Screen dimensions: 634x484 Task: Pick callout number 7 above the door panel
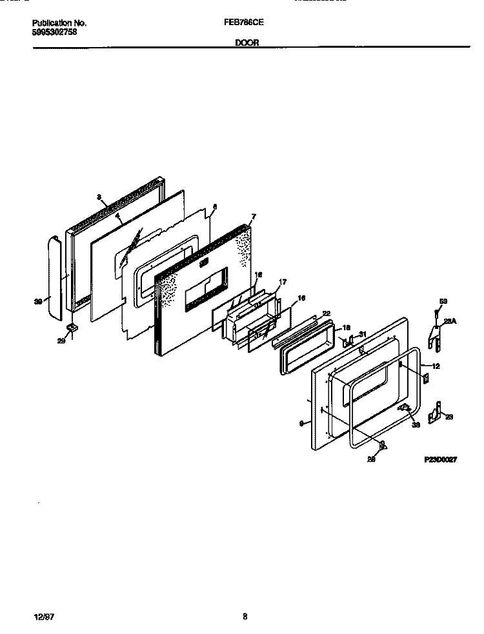tap(254, 217)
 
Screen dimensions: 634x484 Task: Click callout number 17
tap(281, 282)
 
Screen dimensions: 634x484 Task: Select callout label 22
tap(326, 314)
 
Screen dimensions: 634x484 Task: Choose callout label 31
tap(362, 333)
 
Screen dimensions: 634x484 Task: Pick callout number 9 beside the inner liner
tap(301, 423)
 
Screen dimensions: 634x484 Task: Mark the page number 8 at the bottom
tap(245, 616)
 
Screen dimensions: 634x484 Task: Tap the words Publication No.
tap(59, 23)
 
